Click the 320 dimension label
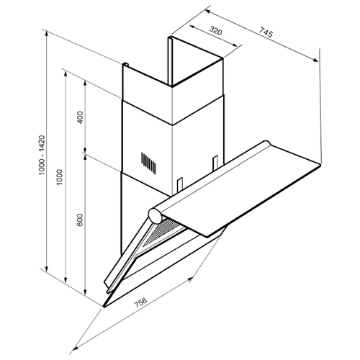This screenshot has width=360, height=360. point(216,30)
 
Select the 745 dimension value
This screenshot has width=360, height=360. point(266,32)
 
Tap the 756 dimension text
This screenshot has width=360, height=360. point(140,302)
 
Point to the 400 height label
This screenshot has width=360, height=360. point(81,117)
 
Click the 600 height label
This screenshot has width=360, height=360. point(80,220)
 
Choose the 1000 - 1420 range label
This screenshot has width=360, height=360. point(42,155)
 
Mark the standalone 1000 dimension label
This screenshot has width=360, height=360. point(59,177)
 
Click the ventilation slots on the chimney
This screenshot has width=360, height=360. point(148,163)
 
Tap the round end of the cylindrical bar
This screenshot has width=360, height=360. point(155,215)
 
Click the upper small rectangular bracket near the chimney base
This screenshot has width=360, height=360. point(215,162)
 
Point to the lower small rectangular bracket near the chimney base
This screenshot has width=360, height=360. point(180,184)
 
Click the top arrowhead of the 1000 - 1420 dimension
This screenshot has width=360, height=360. point(47,33)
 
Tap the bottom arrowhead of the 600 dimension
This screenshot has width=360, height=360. point(85,292)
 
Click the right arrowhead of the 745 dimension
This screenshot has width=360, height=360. point(315,60)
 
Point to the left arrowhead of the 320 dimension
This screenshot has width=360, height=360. point(192,27)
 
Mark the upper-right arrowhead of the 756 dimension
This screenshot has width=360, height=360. point(190,279)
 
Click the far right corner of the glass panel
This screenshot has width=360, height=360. point(320,165)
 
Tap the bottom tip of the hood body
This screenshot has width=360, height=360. point(104,307)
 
